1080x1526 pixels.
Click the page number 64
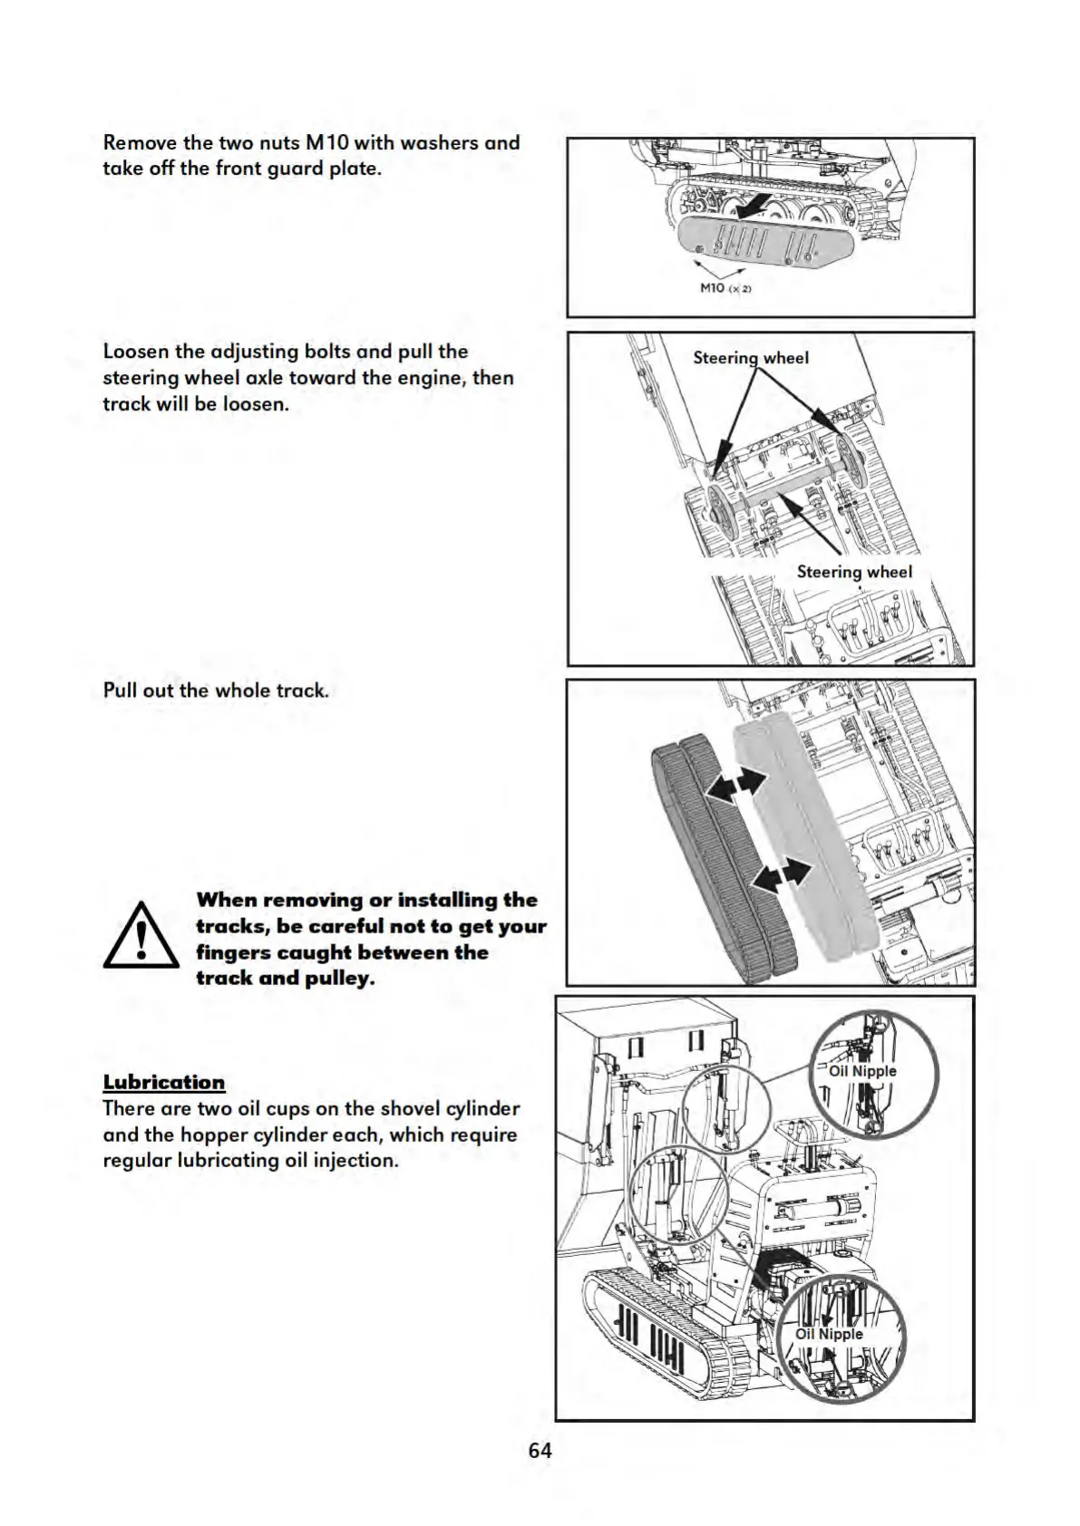(540, 1450)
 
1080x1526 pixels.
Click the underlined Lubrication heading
(164, 1082)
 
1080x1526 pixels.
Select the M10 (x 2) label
(725, 288)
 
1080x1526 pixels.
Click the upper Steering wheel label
(751, 358)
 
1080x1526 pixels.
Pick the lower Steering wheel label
(854, 572)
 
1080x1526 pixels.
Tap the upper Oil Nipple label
(862, 1071)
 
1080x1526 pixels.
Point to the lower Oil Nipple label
(829, 1334)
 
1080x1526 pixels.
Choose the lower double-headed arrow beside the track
(783, 874)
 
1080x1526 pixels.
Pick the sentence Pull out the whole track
(216, 691)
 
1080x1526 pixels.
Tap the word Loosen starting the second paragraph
(136, 352)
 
